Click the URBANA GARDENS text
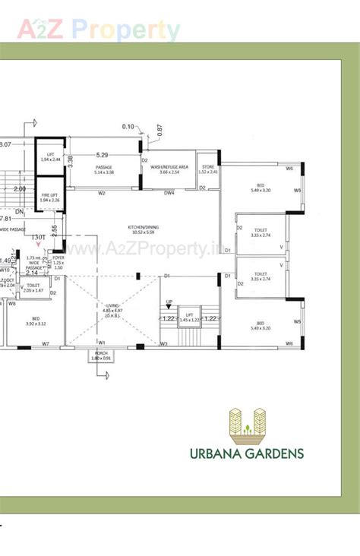[247, 453]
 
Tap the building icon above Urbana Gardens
[248, 422]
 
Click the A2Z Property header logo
[99, 30]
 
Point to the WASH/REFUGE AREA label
[169, 169]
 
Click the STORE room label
[207, 169]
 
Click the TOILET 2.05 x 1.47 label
[33, 288]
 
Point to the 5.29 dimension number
[102, 155]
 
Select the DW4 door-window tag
[169, 193]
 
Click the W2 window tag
[101, 193]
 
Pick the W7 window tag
[46, 344]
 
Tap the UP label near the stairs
[169, 302]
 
